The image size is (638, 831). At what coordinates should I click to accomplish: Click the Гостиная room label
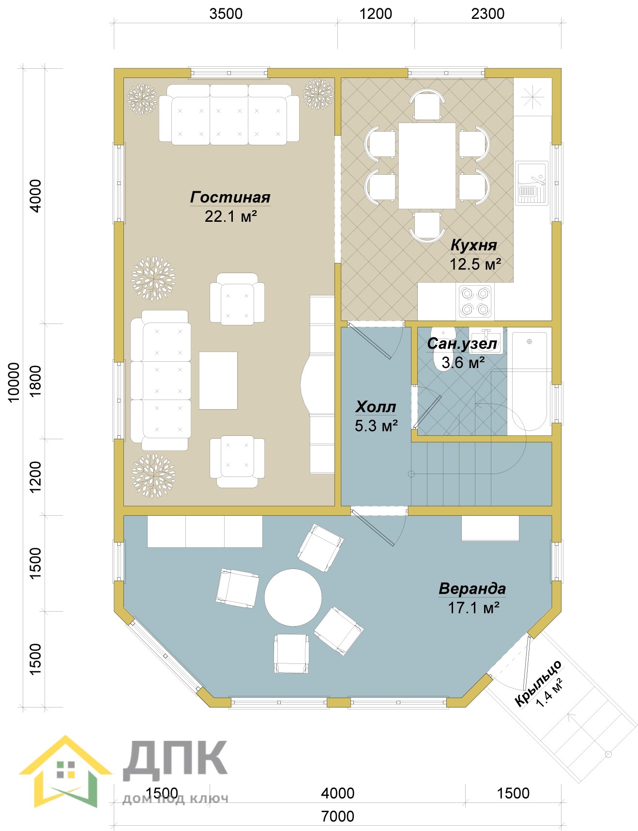(x=230, y=198)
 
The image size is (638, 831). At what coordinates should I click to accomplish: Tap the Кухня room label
(x=473, y=246)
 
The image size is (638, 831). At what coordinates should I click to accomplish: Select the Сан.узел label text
(x=462, y=344)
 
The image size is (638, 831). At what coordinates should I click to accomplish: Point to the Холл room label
(x=376, y=407)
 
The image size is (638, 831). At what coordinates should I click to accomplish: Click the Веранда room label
(x=472, y=589)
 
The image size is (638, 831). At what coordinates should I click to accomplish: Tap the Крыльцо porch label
(x=537, y=683)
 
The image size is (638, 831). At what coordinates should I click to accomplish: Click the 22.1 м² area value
(x=230, y=216)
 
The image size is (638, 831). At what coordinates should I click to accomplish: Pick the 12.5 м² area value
(x=475, y=264)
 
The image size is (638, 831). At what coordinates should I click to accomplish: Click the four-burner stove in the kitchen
(x=475, y=301)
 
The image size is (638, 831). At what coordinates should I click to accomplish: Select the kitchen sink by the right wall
(x=532, y=183)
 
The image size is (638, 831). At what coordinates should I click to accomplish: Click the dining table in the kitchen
(x=427, y=166)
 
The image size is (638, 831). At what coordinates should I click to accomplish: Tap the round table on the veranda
(x=293, y=598)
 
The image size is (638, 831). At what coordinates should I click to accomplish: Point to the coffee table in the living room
(x=218, y=381)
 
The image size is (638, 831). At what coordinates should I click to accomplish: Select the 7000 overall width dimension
(x=338, y=816)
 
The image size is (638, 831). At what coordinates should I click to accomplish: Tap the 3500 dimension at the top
(x=226, y=14)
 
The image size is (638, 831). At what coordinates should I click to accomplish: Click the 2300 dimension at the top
(x=488, y=14)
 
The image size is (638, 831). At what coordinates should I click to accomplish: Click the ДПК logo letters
(x=175, y=760)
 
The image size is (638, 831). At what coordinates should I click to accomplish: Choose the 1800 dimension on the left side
(x=36, y=382)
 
